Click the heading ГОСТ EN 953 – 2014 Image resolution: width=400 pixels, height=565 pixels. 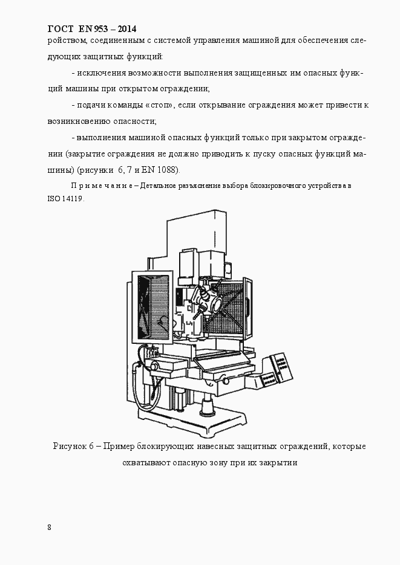91,28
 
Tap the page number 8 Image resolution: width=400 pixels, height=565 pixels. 49,527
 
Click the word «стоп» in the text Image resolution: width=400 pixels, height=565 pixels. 159,105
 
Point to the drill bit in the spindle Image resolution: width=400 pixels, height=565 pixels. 195,315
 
